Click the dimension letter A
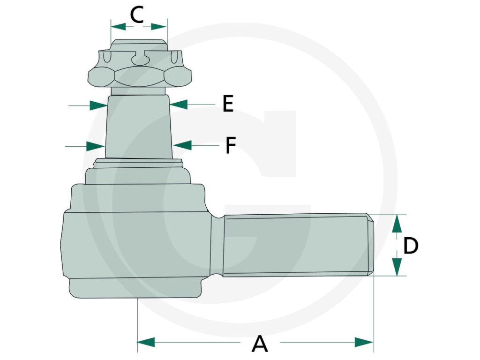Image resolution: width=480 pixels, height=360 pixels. pos(260,344)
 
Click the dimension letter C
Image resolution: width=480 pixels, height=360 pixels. pos(136,15)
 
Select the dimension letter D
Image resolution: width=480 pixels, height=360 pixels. pos(411,246)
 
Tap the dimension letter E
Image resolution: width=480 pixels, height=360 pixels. pos(228,104)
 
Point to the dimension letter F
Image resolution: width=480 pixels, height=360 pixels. pos(230,145)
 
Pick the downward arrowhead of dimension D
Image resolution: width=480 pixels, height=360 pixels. pos(397,266)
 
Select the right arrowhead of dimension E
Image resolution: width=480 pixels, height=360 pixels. pos(179,104)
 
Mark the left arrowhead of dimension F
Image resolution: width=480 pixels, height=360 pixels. pos(95,146)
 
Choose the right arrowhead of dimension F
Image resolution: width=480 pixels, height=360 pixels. pos(182,145)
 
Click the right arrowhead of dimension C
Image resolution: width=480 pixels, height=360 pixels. pos(159,27)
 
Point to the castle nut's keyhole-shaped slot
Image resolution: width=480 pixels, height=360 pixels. pos(140,57)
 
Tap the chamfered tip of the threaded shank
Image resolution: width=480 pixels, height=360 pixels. pos(370,245)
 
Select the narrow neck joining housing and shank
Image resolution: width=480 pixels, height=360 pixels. pos(216,245)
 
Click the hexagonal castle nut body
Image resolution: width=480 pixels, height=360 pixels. pos(140,75)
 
